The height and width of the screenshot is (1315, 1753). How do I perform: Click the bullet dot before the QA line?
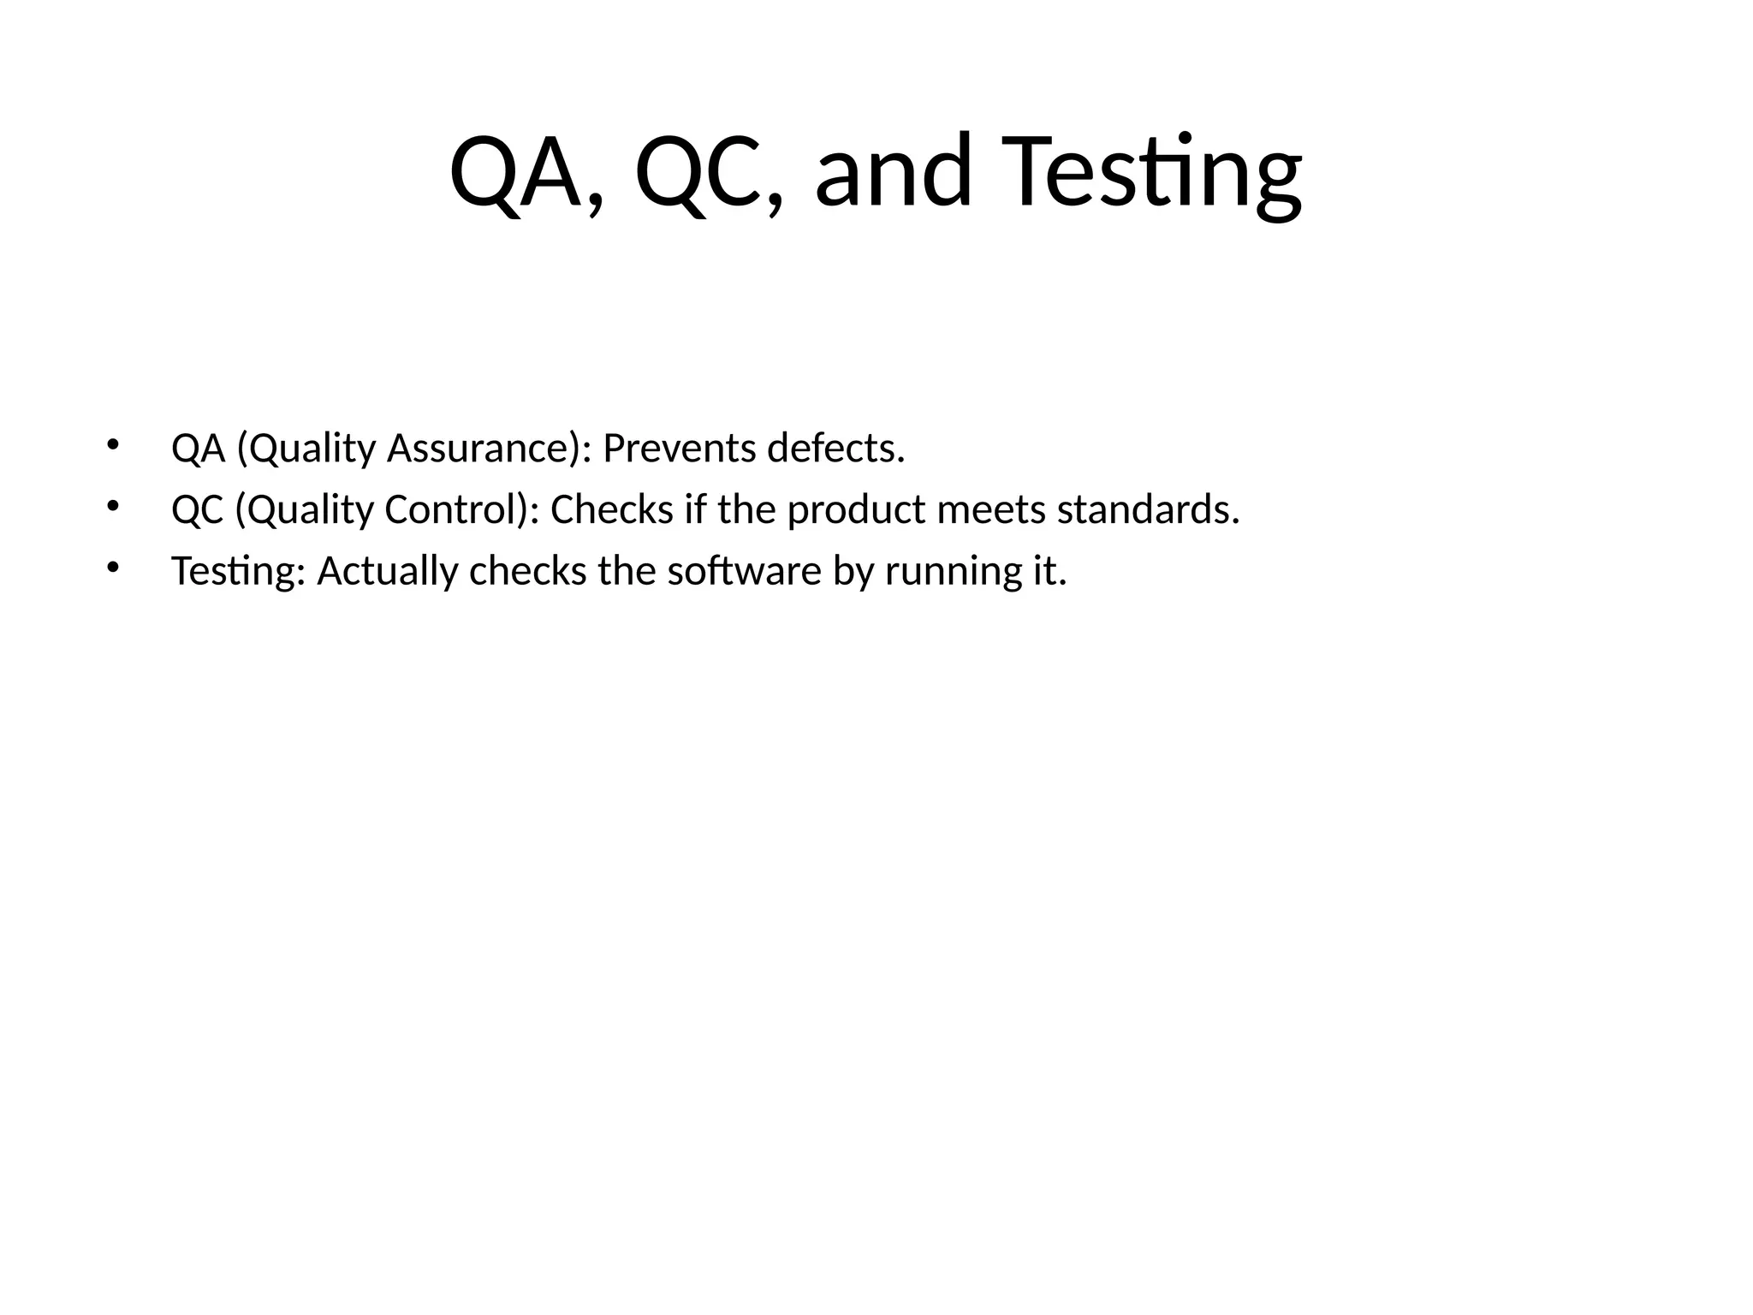click(x=111, y=444)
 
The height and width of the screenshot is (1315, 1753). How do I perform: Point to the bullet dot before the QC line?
click(x=111, y=506)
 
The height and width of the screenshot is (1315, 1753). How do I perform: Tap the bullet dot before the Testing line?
click(x=111, y=567)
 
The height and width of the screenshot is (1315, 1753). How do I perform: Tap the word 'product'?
click(x=857, y=511)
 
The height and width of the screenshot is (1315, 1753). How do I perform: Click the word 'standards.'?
click(x=1148, y=509)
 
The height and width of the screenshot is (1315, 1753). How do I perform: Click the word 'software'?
click(x=744, y=570)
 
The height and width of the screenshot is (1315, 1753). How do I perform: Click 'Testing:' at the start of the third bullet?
click(x=239, y=572)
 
